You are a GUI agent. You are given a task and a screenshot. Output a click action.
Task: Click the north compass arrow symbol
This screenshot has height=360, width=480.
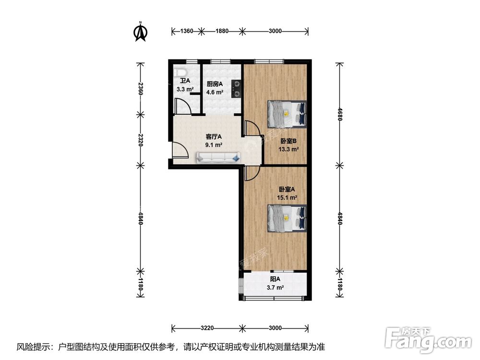140,32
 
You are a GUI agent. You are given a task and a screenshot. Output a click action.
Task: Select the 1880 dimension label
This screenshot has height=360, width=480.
222,31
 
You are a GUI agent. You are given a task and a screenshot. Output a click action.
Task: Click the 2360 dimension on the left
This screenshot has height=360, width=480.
140,88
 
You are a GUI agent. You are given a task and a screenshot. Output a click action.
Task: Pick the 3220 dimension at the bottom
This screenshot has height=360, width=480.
207,328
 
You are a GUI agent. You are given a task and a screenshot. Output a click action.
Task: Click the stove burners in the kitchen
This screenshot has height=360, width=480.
236,87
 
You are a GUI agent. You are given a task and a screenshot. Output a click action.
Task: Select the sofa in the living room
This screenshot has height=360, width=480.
218,157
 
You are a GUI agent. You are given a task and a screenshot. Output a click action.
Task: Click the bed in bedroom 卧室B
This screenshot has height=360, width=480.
287,114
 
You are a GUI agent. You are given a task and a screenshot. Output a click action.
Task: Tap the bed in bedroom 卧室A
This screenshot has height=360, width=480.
287,217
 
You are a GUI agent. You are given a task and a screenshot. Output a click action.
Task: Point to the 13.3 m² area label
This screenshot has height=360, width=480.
288,149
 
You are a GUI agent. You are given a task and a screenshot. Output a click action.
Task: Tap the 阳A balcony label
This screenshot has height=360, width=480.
275,279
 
